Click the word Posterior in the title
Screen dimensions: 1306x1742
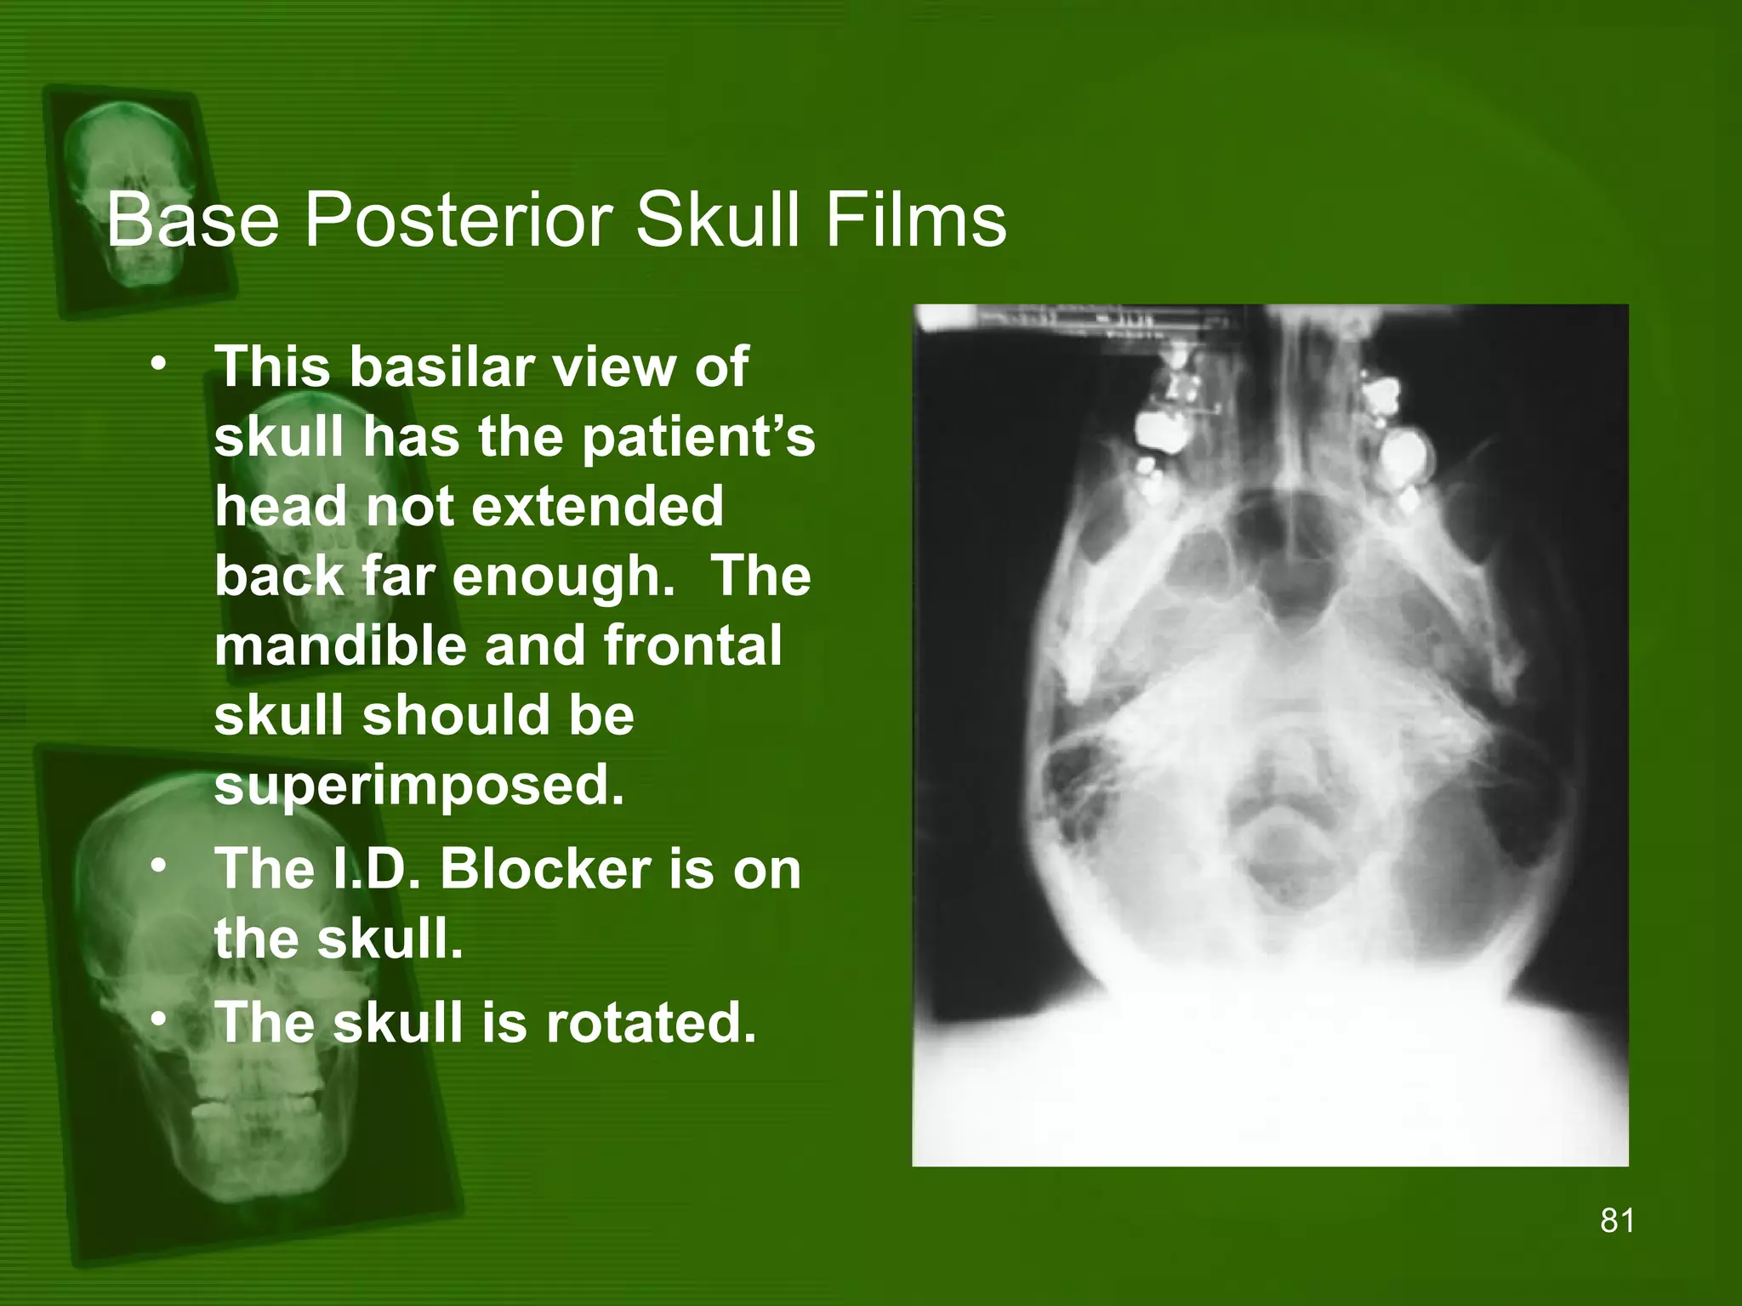[x=458, y=221]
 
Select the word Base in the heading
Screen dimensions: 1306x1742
[x=192, y=221]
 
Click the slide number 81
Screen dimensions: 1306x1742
[x=1617, y=1221]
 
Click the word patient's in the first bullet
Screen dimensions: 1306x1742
[x=698, y=437]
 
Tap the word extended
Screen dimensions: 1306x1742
[x=596, y=507]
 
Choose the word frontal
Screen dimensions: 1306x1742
[x=693, y=645]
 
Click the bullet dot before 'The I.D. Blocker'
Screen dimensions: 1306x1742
[x=158, y=867]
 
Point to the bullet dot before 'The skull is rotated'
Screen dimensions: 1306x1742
[x=158, y=1020]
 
